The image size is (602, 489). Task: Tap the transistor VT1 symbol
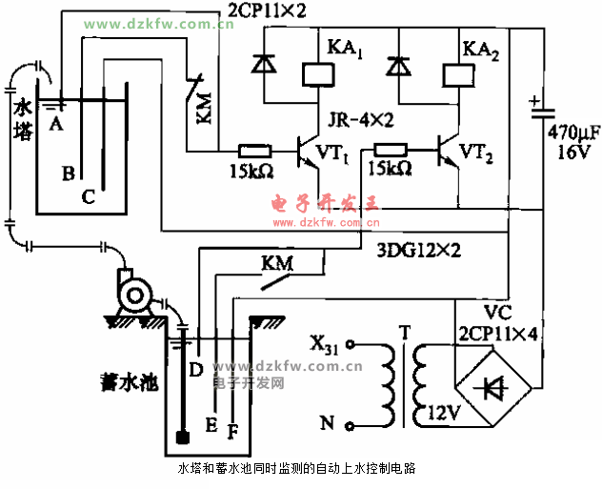point(307,151)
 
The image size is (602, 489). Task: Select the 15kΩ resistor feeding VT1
point(254,150)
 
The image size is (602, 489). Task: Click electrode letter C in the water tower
point(88,197)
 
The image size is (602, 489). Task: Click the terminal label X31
point(323,343)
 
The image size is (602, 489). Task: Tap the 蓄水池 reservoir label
point(128,382)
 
